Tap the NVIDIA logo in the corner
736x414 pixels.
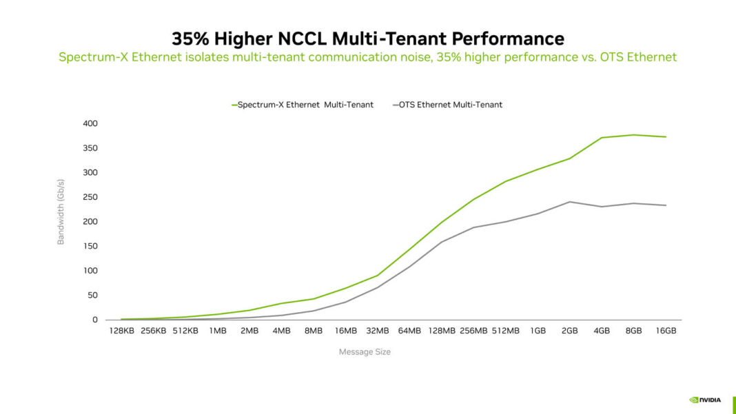click(705, 399)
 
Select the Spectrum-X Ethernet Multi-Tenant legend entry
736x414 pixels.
click(303, 105)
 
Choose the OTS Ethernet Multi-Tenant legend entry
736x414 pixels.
click(447, 105)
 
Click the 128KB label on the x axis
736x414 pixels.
click(122, 331)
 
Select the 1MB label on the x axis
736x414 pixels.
click(218, 331)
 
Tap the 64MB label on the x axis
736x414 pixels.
click(409, 331)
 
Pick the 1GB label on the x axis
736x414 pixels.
click(538, 331)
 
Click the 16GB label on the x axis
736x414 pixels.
click(666, 331)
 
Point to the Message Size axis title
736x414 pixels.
click(365, 352)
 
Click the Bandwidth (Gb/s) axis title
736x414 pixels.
click(61, 211)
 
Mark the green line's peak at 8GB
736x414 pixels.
click(633, 135)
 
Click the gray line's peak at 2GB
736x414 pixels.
click(569, 202)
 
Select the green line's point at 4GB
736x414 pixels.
click(602, 138)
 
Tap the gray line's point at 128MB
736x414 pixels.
click(442, 242)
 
